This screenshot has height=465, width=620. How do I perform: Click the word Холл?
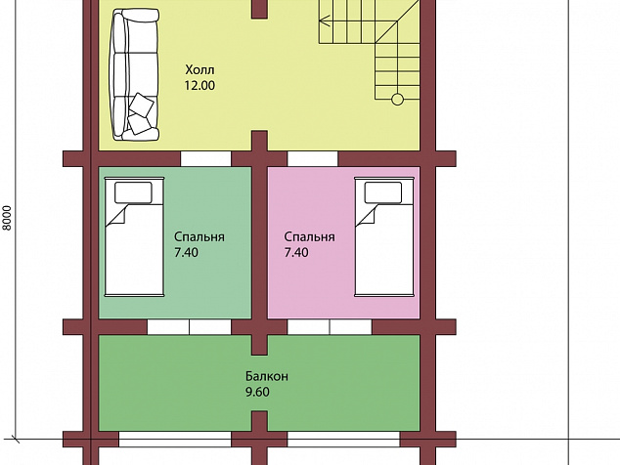pos(200,70)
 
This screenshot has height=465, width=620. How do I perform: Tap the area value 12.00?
pos(199,85)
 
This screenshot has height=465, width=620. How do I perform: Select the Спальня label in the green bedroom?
pos(199,237)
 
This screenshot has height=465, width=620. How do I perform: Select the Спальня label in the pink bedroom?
pos(309,237)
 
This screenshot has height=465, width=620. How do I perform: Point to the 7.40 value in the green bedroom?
pos(186,252)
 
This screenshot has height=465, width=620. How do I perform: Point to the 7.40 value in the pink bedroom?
pos(296,252)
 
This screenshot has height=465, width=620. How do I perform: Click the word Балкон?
pos(267,376)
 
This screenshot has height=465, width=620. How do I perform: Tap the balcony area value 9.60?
pos(257,392)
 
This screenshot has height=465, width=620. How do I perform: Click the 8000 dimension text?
pos(7,218)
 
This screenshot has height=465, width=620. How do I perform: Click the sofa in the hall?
pos(135,74)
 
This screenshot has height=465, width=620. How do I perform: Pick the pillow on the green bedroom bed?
pos(133,192)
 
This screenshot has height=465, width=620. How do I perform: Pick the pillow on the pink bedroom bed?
pos(383,192)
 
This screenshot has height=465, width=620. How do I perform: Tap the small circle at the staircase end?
pos(397,100)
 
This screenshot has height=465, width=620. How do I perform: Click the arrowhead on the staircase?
pos(325,21)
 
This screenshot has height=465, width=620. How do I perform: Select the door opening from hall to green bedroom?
pos(205,159)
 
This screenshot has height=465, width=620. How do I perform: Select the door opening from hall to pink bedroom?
pos(312,159)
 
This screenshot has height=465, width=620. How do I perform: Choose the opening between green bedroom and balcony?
pos(189,327)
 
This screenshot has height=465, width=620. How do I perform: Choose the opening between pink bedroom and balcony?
pos(330,327)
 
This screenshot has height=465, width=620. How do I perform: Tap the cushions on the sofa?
pos(141,113)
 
